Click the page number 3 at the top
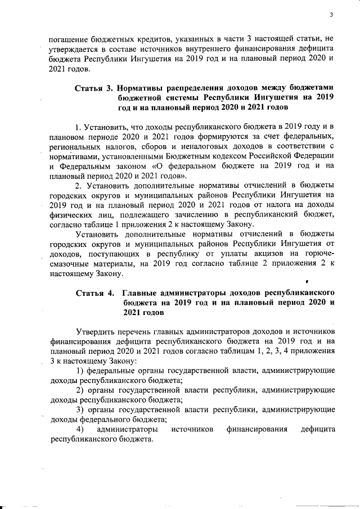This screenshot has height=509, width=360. [x=332, y=15]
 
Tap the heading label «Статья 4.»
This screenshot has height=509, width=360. [x=93, y=294]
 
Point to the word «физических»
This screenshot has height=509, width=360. [x=70, y=214]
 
